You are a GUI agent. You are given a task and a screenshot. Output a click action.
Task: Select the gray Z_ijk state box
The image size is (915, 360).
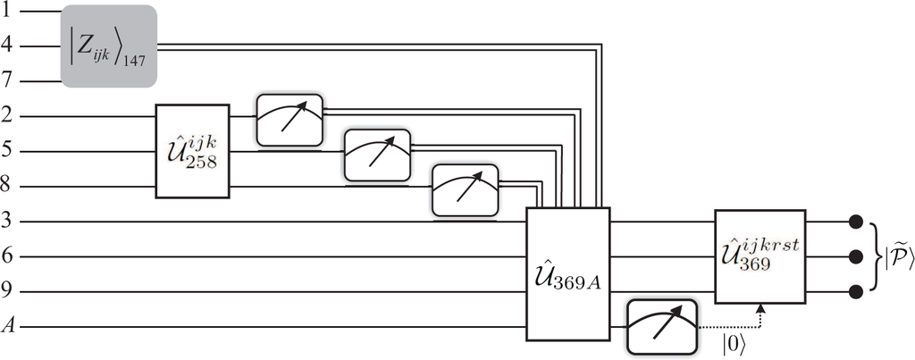(x=109, y=46)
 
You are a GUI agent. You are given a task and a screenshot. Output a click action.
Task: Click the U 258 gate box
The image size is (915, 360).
(x=193, y=151)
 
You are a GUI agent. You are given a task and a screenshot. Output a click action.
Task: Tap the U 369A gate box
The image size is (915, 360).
(x=567, y=273)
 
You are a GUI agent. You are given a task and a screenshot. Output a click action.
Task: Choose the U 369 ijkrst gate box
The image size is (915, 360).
(x=760, y=255)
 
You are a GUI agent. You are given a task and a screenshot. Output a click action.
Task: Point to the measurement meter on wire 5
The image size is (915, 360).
(x=377, y=155)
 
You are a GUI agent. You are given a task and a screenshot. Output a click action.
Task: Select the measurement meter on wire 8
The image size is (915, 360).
(x=465, y=189)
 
